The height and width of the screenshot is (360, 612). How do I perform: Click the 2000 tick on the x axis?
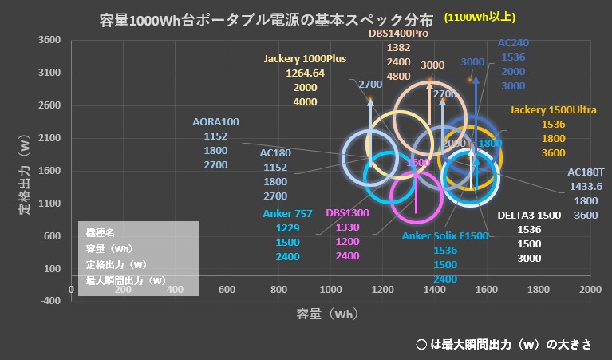click(x=590, y=289)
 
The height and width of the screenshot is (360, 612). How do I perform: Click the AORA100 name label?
click(x=215, y=122)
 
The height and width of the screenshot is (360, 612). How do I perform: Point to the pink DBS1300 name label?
click(x=347, y=213)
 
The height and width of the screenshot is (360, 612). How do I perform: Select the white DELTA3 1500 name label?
click(x=527, y=215)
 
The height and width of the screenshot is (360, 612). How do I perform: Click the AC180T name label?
click(x=586, y=172)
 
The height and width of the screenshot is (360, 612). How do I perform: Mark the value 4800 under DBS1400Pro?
click(x=399, y=77)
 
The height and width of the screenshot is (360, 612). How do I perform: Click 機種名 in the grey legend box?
click(x=101, y=232)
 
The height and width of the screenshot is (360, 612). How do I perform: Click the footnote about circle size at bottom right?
click(x=504, y=344)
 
